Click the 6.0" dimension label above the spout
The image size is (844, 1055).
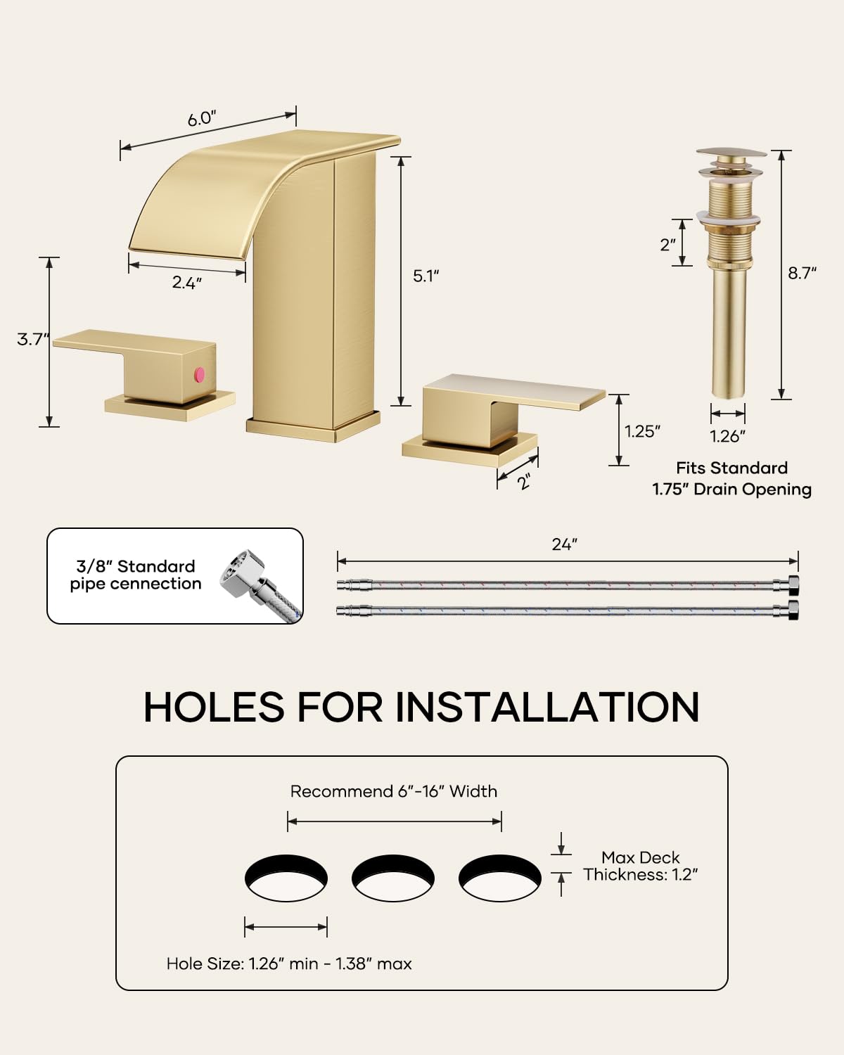[x=202, y=118]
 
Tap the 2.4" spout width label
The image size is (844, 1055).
[x=187, y=282]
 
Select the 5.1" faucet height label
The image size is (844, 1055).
[x=426, y=276]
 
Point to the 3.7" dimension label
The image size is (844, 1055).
[x=33, y=339]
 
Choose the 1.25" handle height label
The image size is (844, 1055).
[x=642, y=431]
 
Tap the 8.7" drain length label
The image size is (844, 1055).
[x=802, y=273]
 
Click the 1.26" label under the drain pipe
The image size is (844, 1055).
[x=728, y=436]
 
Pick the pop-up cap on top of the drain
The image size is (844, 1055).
[x=731, y=153]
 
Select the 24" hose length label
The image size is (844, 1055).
[x=565, y=544]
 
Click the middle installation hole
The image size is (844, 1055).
[x=393, y=878]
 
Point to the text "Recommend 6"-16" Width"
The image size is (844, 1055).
[x=394, y=791]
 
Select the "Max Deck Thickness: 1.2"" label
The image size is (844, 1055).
[x=641, y=866]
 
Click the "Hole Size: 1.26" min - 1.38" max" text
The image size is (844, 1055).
[x=289, y=964]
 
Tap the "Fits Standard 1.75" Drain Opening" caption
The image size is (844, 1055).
[x=731, y=478]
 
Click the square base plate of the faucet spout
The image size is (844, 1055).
[x=313, y=426]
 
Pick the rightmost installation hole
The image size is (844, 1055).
[x=500, y=878]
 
